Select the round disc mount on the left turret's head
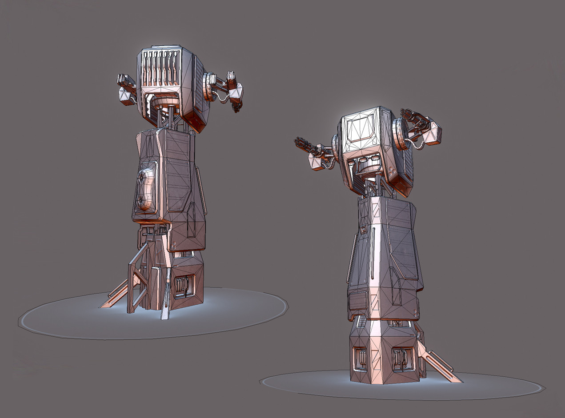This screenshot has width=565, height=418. coord(208,86)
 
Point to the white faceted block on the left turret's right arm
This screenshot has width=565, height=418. coord(236,91)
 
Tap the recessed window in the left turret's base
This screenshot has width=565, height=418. coord(184,285)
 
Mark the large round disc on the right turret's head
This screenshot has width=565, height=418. coord(400,134)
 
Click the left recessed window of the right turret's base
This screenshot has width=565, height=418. coord(360,358)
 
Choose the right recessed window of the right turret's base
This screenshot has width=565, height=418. coord(402,358)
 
